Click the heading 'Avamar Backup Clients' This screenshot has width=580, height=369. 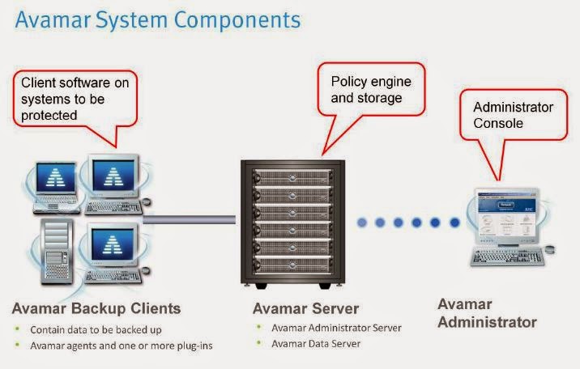pos(96,308)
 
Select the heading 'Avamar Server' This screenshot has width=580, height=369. pos(305,308)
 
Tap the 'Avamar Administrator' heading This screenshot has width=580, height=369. pos(487,313)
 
